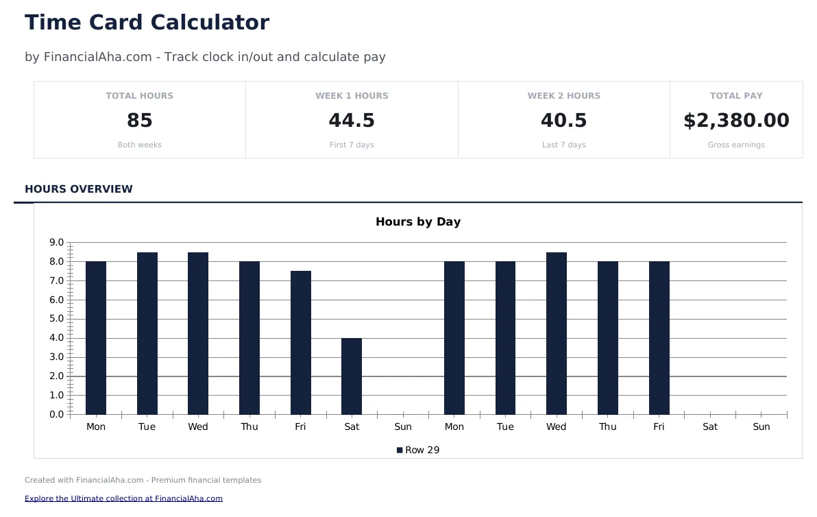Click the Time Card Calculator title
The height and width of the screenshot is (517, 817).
click(147, 23)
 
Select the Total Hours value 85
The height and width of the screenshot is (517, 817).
click(140, 121)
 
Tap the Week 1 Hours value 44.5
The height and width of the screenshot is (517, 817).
click(352, 121)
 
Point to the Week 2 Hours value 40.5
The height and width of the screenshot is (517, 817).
click(563, 121)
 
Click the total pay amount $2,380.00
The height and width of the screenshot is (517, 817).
click(736, 121)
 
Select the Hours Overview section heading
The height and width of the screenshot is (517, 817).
click(79, 189)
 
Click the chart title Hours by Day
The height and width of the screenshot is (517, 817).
click(418, 221)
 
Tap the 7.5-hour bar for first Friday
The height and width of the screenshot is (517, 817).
click(300, 343)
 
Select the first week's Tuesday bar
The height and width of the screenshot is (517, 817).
click(147, 333)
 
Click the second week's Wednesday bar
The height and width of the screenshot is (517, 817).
click(557, 333)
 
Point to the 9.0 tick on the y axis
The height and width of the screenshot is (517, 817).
click(56, 243)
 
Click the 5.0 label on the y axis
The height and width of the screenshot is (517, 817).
click(56, 319)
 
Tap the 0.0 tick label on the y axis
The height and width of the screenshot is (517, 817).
click(56, 414)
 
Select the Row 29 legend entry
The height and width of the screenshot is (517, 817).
click(418, 450)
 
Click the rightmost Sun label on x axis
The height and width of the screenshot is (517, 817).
click(761, 426)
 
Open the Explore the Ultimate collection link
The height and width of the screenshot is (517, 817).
click(123, 498)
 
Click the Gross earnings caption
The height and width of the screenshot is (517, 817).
click(736, 145)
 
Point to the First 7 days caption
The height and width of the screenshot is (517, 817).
click(352, 145)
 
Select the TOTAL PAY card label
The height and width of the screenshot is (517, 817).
click(736, 96)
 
